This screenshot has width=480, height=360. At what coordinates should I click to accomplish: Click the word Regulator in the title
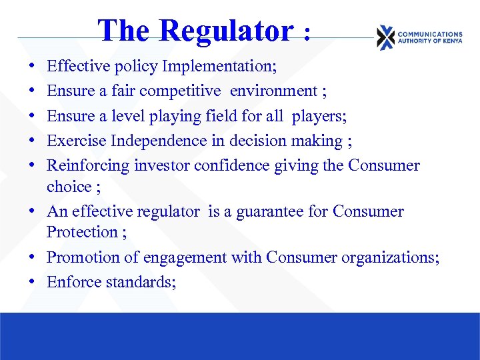pos(226,31)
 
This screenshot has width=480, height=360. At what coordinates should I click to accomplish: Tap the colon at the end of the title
pos(307,33)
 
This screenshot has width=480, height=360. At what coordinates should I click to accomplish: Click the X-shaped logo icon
pos(385,37)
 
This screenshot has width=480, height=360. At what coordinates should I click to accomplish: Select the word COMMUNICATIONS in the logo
pos(429,34)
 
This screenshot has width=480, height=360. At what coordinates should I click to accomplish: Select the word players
pos(319,116)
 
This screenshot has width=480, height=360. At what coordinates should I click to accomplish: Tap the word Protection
pos(81,232)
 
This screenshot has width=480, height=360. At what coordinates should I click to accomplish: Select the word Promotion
pos(85,257)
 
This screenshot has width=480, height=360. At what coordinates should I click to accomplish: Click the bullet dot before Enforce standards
pos(32,282)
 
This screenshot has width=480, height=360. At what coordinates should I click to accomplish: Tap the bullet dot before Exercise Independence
pos(32,141)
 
